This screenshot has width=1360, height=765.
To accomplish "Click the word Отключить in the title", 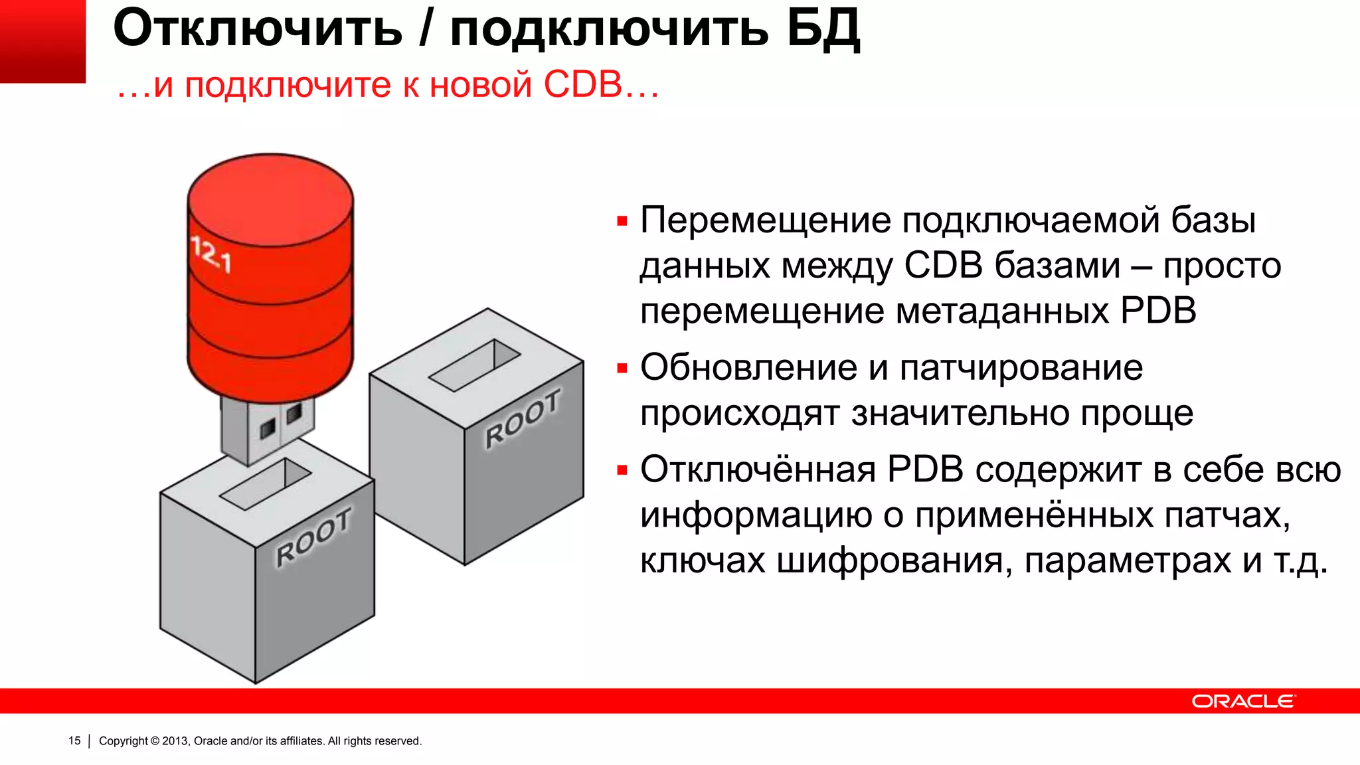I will (258, 29).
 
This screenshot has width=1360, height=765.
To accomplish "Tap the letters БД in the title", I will (823, 29).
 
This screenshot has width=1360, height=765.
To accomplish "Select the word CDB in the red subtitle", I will (582, 85).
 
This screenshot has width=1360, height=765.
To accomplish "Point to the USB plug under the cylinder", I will (267, 428).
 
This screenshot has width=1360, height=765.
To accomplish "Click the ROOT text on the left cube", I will (313, 537).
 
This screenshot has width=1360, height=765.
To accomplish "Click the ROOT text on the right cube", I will (523, 419).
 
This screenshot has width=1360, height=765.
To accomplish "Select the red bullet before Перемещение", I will (622, 221).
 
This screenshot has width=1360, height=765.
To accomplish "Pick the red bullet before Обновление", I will (622, 369).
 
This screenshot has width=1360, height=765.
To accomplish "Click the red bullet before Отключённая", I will (622, 471).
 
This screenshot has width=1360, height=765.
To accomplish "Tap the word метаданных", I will (1002, 311).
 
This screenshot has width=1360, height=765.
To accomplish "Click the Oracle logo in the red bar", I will (1242, 701).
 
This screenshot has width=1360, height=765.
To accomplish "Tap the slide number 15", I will (74, 740).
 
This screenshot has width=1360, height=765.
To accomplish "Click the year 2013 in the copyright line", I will (175, 740).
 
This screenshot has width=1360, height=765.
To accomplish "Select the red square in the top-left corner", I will (42, 41).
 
